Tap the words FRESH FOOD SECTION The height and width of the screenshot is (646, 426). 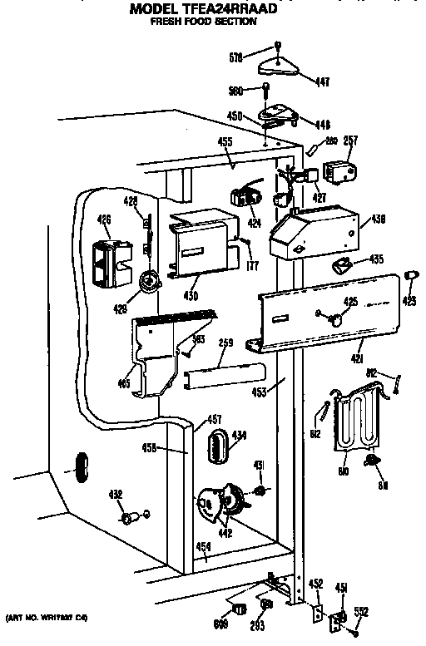pos(203,22)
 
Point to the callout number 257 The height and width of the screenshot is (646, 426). pos(351,141)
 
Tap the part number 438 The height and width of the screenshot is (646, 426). pos(378,221)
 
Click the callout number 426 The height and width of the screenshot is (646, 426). pos(104,219)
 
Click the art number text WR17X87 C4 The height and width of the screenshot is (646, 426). pos(47,618)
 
